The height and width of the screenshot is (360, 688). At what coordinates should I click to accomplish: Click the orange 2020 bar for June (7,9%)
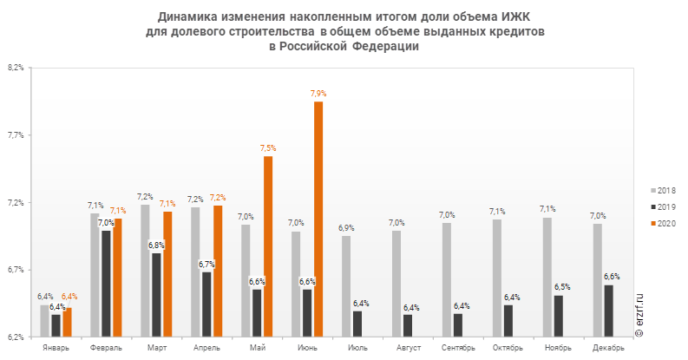click(318, 219)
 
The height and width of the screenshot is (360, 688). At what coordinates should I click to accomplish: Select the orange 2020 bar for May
click(268, 245)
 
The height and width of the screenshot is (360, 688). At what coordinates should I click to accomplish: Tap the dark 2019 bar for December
click(608, 311)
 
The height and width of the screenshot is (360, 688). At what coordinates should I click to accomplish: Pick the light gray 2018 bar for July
click(345, 285)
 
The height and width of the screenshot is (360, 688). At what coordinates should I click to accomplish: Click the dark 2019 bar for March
click(156, 294)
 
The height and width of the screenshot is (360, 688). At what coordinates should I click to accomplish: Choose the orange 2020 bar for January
click(67, 322)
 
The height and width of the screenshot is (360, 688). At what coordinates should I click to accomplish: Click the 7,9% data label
click(318, 93)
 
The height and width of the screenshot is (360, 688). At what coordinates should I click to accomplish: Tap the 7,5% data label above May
click(268, 148)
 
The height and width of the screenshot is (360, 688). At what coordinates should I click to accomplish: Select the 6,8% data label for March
click(156, 245)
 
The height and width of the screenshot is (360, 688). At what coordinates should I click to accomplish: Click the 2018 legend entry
click(664, 190)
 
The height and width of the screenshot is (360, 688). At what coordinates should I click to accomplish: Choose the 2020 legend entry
click(664, 224)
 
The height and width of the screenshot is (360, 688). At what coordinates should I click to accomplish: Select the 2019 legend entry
click(664, 207)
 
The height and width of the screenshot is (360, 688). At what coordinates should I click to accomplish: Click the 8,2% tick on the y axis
click(16, 68)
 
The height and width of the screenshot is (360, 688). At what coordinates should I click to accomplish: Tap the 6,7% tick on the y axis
click(16, 269)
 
